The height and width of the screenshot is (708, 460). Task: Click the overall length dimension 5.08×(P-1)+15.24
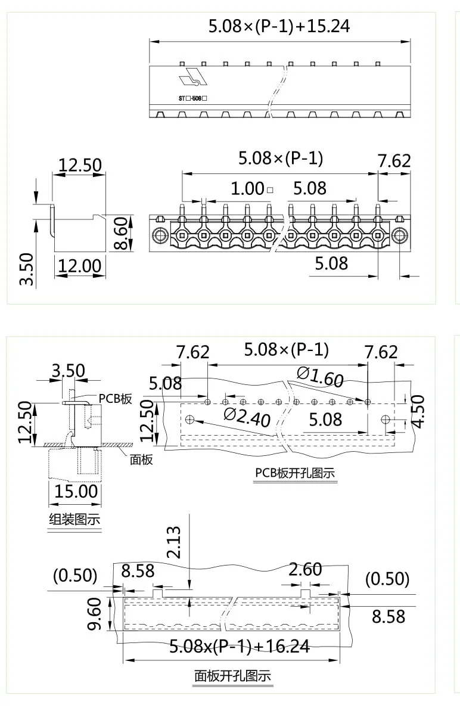(278, 27)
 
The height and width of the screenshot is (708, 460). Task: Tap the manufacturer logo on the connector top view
(192, 78)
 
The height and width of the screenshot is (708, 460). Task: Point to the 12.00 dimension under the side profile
(79, 266)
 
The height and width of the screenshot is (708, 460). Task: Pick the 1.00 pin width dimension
(247, 189)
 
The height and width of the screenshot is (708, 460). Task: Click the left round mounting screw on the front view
(160, 236)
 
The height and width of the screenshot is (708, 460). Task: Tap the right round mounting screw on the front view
(399, 236)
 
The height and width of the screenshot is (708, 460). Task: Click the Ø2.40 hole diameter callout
(247, 417)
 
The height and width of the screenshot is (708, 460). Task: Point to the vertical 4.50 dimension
(418, 411)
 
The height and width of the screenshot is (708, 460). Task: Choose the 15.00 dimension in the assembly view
(76, 492)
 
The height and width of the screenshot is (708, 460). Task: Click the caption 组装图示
(74, 519)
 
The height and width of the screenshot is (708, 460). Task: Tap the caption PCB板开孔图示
(294, 473)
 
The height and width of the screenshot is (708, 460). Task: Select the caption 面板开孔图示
(232, 676)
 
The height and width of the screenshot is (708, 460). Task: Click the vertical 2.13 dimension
(174, 542)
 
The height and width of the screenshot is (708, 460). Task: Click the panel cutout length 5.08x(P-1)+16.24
(240, 646)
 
